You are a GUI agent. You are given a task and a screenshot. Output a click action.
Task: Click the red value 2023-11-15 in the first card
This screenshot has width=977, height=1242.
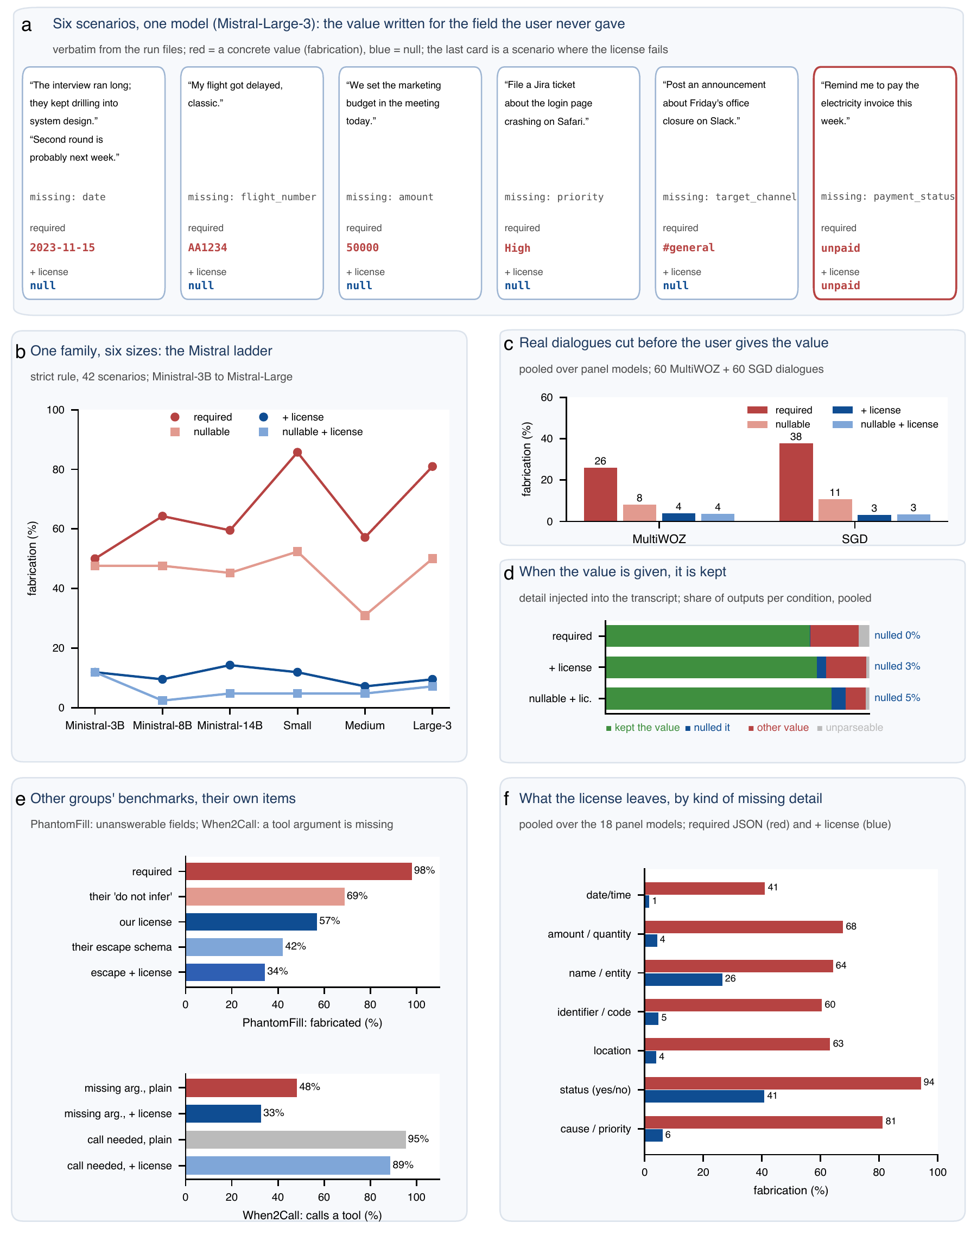(x=62, y=247)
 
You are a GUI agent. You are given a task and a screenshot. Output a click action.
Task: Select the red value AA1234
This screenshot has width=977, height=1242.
(x=208, y=247)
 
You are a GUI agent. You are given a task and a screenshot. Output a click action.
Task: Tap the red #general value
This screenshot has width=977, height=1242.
(x=689, y=247)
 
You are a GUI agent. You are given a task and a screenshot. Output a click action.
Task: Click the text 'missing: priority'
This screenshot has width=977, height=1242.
(x=554, y=197)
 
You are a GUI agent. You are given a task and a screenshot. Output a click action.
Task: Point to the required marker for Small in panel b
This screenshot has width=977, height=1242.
(x=297, y=453)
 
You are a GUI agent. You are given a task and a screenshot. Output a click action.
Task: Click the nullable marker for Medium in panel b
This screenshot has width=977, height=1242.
(x=365, y=616)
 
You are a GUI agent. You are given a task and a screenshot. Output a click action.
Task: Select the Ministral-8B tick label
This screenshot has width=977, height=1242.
(x=162, y=725)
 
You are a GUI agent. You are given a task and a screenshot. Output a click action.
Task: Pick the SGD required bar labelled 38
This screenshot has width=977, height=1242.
(x=796, y=482)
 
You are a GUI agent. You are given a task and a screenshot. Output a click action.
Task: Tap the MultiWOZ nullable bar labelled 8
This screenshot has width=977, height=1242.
(x=639, y=513)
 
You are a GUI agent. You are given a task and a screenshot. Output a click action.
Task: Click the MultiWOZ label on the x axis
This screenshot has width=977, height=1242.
(x=659, y=539)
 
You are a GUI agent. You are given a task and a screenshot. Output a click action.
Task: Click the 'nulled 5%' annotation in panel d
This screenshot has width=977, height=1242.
(x=897, y=698)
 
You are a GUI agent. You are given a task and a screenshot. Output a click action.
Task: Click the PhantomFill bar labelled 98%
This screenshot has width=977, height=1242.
(x=299, y=871)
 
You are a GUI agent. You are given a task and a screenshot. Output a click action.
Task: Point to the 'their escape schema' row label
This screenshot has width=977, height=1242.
(x=122, y=947)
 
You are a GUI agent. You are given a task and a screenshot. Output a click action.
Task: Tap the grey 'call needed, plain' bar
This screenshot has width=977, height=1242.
(x=296, y=1139)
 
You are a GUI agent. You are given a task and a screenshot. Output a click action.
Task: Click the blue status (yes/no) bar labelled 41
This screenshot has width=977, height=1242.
(x=704, y=1096)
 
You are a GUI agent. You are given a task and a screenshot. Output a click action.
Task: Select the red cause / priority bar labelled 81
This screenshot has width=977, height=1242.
(x=763, y=1122)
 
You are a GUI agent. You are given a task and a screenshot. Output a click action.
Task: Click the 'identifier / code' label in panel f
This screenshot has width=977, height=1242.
(x=594, y=1012)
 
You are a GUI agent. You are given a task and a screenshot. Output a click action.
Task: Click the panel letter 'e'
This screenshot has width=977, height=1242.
(x=21, y=799)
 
